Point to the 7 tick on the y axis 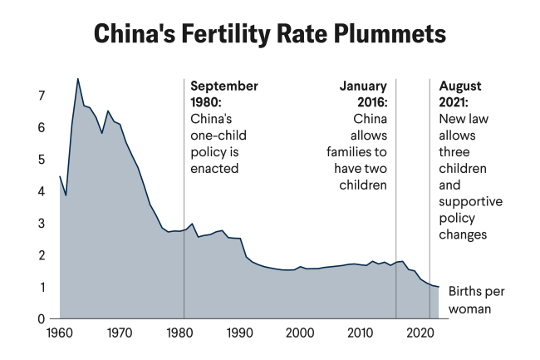tap(41, 96)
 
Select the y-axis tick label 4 tap(41, 191)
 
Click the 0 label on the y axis tap(41, 318)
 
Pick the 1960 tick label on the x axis tap(60, 333)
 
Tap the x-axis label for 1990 tap(239, 333)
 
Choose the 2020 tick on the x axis tap(419, 333)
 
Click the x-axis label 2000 tap(299, 333)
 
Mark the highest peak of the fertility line tap(78, 79)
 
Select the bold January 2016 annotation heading tap(363, 93)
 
